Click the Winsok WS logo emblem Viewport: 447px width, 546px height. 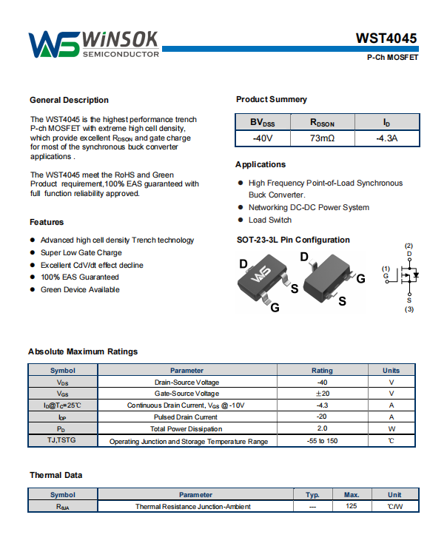54,44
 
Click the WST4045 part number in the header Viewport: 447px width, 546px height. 386,38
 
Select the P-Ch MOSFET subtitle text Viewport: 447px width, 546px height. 392,58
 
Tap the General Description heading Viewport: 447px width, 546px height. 69,100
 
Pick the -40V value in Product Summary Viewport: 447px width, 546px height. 262,138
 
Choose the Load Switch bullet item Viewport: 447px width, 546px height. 270,220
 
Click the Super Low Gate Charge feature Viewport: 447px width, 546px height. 81,252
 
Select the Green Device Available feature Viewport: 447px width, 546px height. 80,289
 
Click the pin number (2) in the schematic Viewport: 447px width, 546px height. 409,246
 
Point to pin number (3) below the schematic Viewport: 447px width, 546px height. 409,309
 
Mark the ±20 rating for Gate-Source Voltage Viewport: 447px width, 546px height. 322,394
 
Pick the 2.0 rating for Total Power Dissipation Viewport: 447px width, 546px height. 322,429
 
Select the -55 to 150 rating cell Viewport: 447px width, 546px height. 322,441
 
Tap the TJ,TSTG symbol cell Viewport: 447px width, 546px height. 62,441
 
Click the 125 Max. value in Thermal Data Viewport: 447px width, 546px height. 352,506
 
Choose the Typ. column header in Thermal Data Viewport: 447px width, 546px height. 312,494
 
